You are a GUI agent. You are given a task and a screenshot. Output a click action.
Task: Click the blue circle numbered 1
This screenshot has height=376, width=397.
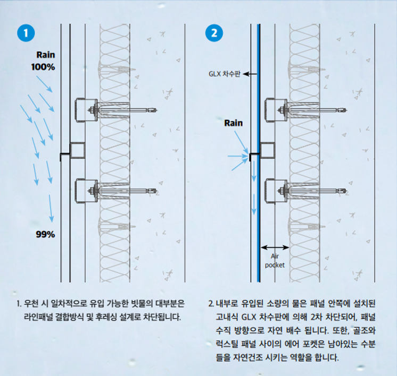coord(26,33)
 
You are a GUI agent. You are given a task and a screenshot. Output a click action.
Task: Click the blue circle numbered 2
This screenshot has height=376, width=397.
coord(214,33)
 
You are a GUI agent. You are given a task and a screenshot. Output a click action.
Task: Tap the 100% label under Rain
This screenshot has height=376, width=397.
coord(43,67)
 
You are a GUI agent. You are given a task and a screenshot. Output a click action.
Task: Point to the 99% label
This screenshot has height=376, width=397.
coord(45,234)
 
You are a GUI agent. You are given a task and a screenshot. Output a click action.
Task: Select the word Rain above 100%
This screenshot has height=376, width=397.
coord(46,55)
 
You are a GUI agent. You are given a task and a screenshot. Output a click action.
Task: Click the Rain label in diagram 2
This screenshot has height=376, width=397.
coord(234,123)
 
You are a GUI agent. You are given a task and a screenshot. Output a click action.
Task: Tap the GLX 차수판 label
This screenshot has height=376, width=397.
coord(225,74)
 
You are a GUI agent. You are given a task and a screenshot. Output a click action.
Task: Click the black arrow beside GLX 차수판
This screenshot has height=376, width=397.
coord(250,74)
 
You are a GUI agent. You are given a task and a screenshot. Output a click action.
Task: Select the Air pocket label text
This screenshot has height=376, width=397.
coord(275,261)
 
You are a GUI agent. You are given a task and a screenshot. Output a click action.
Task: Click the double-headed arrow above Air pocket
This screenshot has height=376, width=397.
coord(275,247)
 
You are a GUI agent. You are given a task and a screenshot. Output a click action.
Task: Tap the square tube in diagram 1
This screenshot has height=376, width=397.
coord(77,151)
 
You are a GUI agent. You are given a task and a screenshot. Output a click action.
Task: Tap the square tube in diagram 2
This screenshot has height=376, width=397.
coord(267,151)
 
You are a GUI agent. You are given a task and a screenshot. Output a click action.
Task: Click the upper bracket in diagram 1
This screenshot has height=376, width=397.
coord(86,110)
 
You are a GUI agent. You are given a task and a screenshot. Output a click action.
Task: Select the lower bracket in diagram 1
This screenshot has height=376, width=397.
coord(86,191)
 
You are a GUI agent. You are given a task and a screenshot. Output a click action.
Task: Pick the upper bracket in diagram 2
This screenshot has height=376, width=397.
coord(276,110)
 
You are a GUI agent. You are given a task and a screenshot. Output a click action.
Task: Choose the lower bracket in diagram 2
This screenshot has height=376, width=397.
coord(276,191)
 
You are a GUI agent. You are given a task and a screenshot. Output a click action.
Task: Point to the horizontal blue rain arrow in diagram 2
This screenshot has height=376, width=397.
coord(238,157)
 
